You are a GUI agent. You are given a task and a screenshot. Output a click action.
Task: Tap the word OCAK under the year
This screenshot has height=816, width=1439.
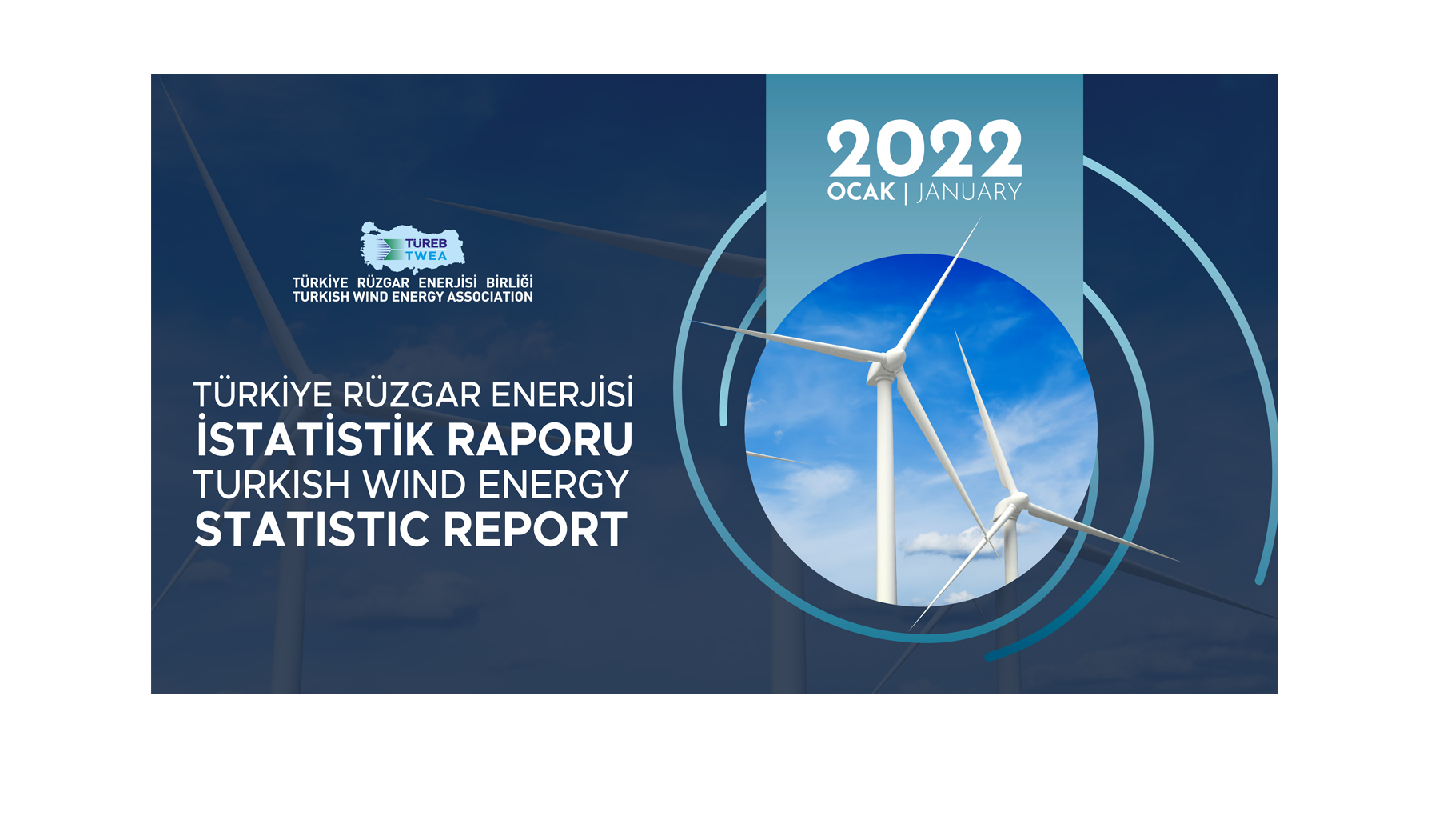861,192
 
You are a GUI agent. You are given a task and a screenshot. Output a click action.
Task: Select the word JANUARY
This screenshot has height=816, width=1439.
970,192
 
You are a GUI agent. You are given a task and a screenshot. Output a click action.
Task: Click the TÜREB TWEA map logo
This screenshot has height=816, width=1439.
412,246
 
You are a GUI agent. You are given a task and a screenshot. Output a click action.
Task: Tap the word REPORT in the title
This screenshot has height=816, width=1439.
535,530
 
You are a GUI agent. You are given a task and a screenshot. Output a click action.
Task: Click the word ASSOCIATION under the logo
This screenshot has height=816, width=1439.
489,297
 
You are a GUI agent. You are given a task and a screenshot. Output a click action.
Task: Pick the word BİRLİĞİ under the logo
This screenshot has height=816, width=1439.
509,282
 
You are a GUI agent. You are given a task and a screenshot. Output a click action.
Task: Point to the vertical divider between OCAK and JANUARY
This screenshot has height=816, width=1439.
906,193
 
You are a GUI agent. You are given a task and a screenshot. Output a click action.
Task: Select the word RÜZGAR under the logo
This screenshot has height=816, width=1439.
383,282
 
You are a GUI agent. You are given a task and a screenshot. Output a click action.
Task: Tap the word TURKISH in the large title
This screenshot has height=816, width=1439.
272,485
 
